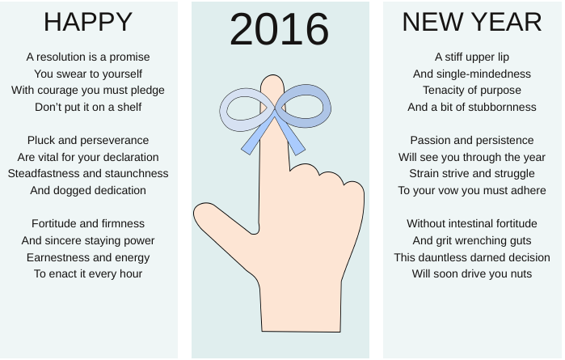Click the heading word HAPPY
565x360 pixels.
click(x=88, y=23)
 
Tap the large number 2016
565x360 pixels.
click(x=279, y=29)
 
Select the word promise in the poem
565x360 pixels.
click(x=129, y=57)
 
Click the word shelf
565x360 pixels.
click(x=129, y=107)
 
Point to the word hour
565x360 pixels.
click(x=131, y=273)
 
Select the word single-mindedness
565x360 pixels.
click(x=483, y=74)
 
